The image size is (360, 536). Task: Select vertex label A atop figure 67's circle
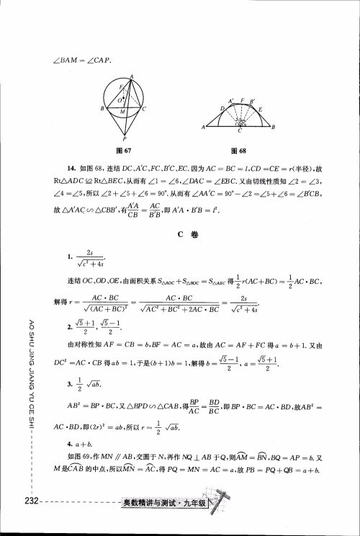[x=132, y=75]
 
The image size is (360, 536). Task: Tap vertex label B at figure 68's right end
[x=274, y=128]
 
